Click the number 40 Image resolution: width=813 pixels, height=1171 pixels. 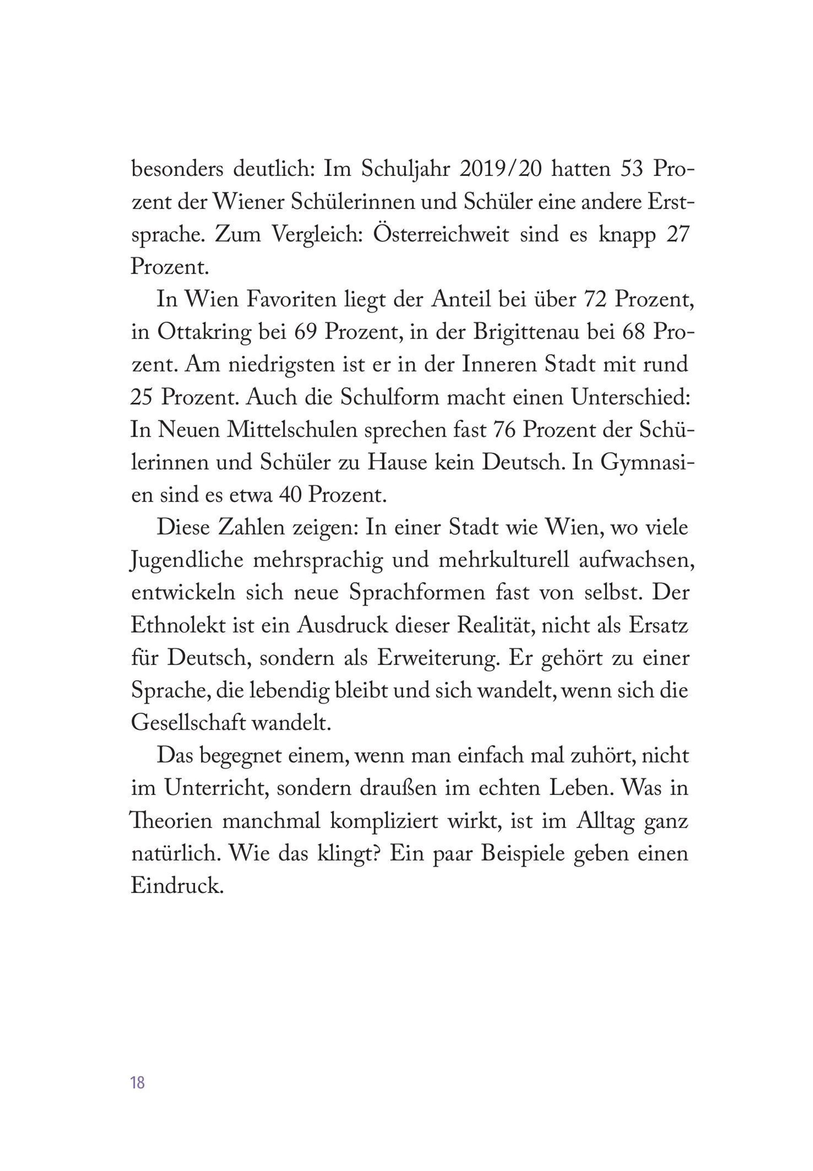(290, 495)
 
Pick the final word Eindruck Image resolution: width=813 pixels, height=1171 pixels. (177, 887)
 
